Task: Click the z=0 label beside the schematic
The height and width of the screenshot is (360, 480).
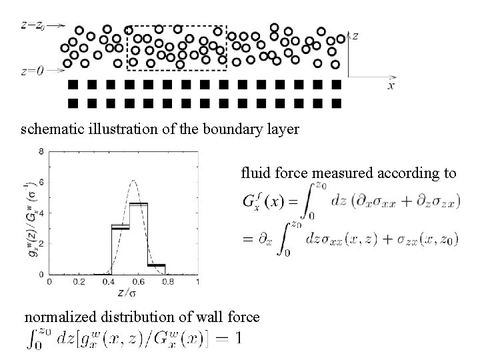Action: (32, 69)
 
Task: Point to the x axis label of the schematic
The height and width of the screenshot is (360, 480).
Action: (392, 86)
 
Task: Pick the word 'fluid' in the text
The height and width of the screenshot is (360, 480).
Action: (255, 174)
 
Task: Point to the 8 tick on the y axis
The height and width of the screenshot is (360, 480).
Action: (41, 151)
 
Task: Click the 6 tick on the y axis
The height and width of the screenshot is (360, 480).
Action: (41, 182)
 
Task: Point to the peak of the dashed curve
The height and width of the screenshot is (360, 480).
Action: (134, 180)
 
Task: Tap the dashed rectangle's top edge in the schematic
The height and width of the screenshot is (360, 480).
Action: (176, 26)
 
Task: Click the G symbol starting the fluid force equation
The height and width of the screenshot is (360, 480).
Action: (248, 202)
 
